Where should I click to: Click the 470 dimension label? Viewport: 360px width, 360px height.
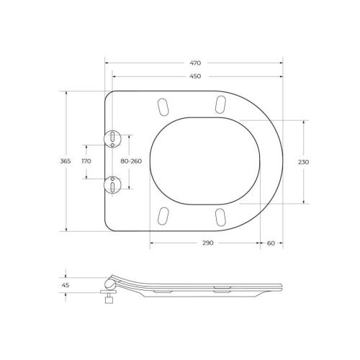click(195, 63)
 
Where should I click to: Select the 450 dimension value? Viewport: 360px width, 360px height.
click(195, 76)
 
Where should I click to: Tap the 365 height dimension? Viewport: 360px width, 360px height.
click(66, 161)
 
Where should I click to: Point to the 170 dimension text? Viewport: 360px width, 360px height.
click(86, 161)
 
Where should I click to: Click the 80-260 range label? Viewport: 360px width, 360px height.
click(131, 161)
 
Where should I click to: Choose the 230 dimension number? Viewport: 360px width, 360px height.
click(303, 162)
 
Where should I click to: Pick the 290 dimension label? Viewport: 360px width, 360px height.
click(207, 243)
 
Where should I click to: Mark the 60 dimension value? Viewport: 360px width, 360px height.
click(271, 243)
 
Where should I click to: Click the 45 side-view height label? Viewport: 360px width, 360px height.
click(66, 285)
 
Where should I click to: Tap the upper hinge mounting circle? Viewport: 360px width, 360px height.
click(112, 139)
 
